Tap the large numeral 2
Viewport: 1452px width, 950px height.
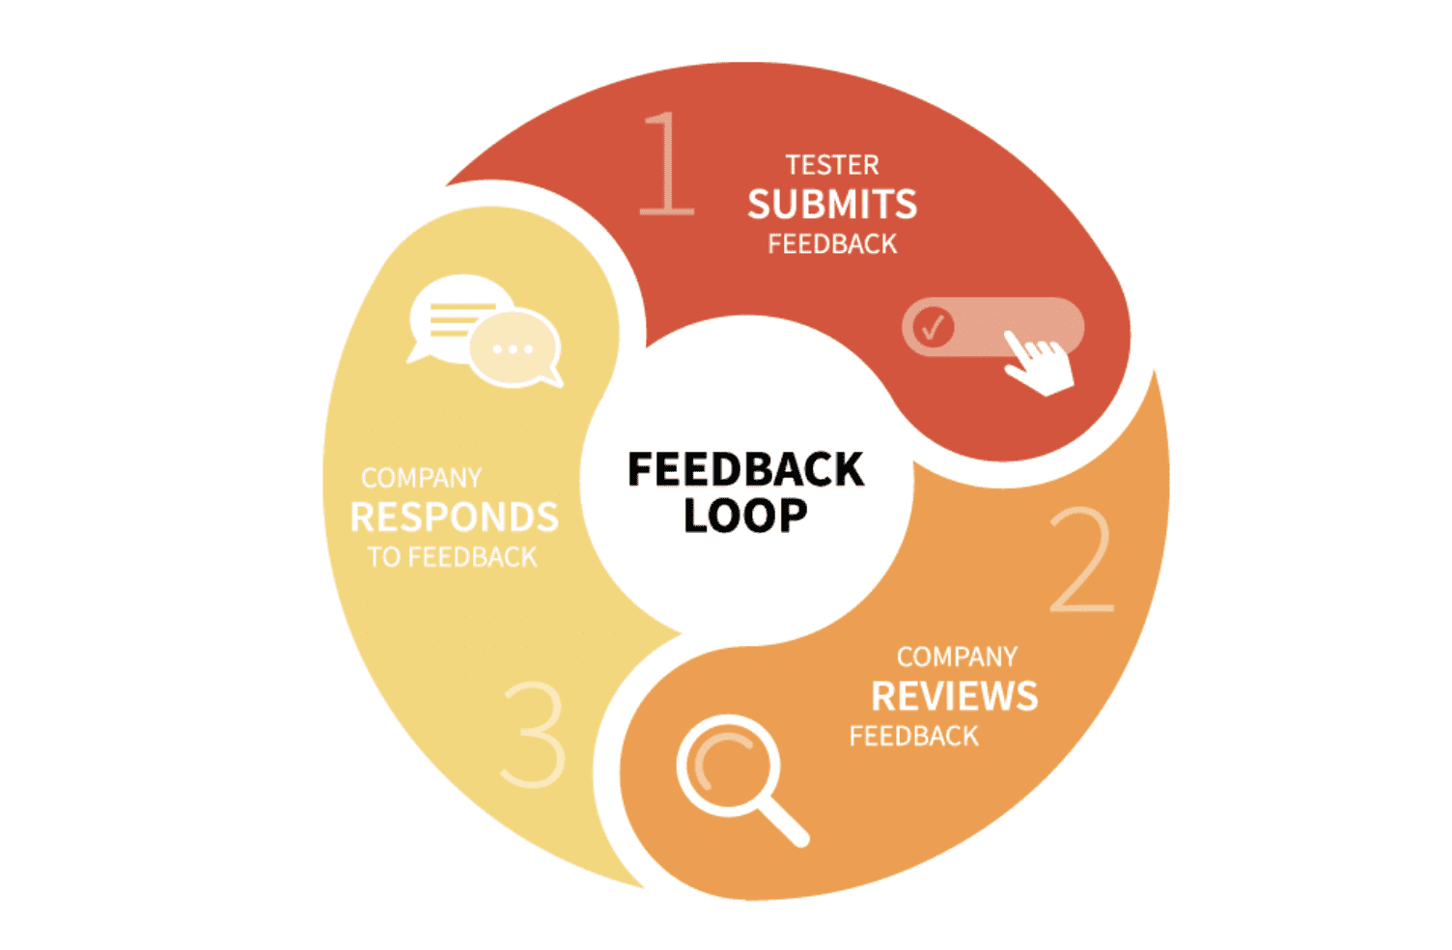click(1082, 560)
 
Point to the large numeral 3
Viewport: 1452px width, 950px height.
click(534, 734)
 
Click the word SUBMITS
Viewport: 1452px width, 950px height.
click(832, 205)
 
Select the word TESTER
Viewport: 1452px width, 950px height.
click(832, 165)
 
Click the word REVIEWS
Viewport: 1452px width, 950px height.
click(954, 696)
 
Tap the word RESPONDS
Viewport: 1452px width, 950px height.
click(454, 517)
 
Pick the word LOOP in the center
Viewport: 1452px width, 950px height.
click(745, 516)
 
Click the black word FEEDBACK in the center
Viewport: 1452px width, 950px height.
click(745, 469)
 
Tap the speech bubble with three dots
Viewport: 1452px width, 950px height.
click(514, 349)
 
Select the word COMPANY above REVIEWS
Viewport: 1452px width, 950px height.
click(957, 657)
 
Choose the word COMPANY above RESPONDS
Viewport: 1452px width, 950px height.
click(421, 478)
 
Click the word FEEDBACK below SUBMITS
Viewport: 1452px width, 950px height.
click(832, 245)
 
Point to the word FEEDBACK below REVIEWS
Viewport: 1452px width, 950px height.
click(913, 737)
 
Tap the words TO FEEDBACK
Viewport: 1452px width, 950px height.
click(452, 557)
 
